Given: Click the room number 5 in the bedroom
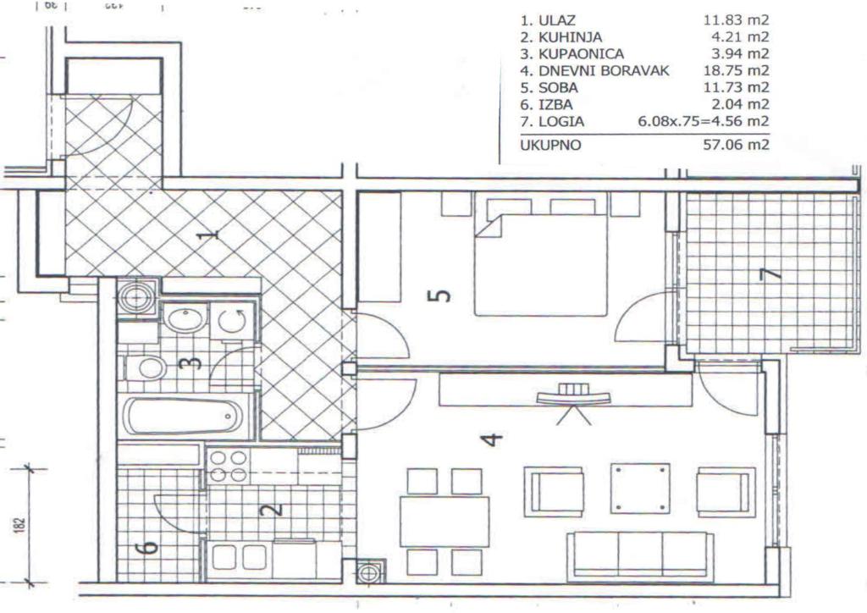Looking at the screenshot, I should click(x=440, y=295).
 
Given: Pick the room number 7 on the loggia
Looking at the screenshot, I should click(x=767, y=276).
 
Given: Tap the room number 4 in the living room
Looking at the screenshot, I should click(x=490, y=439).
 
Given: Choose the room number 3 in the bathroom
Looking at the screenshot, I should click(x=193, y=362).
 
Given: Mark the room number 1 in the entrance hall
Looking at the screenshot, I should click(x=212, y=235).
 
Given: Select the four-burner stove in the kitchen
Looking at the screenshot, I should click(x=229, y=466).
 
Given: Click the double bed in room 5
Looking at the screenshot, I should click(x=540, y=264).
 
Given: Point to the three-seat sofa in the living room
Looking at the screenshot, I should click(x=640, y=555).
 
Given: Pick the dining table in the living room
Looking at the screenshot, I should click(x=444, y=522).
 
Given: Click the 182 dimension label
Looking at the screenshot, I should click(x=19, y=524).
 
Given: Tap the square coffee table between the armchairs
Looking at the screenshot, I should click(x=640, y=488).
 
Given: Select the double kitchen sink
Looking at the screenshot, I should click(x=239, y=557).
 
